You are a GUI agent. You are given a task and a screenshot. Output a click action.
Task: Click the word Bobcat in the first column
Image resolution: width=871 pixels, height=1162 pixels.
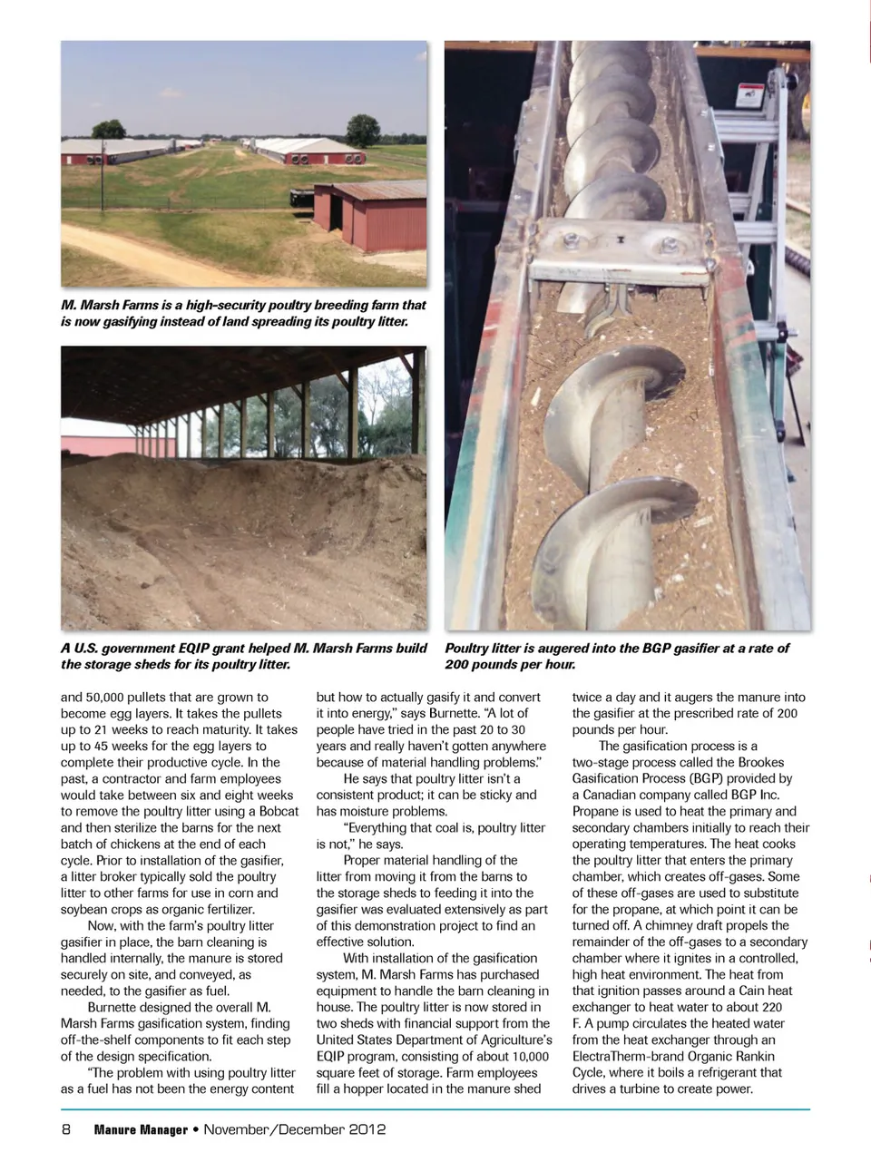click(x=278, y=811)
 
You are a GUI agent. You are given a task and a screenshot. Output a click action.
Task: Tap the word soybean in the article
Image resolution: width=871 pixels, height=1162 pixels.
click(x=86, y=909)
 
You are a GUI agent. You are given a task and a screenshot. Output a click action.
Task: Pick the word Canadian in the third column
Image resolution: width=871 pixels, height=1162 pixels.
click(x=613, y=795)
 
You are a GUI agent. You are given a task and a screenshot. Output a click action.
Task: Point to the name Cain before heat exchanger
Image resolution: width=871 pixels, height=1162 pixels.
click(x=754, y=991)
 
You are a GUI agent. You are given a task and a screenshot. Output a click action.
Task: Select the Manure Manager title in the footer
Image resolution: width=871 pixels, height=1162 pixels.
click(x=141, y=1129)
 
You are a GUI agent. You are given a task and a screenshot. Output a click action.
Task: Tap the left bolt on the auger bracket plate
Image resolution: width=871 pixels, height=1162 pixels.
click(x=574, y=241)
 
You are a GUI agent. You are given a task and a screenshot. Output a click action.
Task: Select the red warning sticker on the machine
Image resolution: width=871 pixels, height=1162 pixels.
click(x=749, y=93)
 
